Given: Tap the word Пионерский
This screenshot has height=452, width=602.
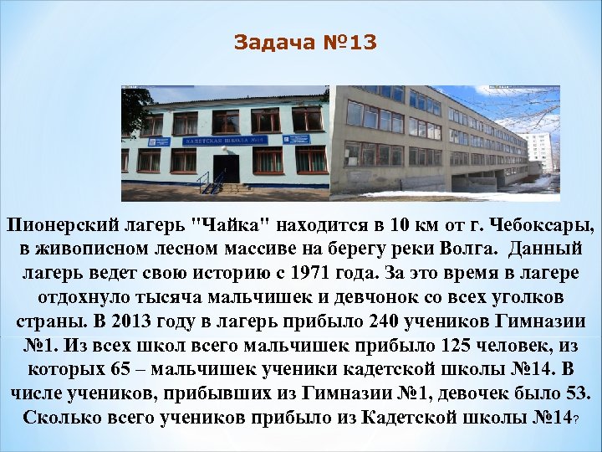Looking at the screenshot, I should tap(63, 225).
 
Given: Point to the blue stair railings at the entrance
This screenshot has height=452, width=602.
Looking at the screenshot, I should tap(206, 181).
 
